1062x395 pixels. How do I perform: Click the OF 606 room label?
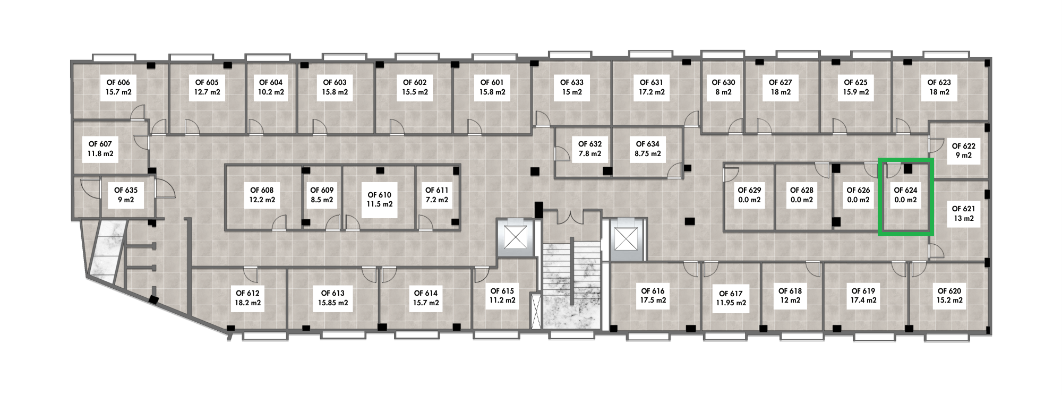click(x=118, y=83)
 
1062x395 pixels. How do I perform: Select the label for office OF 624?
click(x=905, y=190)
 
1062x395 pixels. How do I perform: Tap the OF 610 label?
click(x=379, y=195)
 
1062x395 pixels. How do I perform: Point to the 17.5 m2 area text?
click(x=653, y=300)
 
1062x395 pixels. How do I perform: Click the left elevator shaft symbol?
click(x=515, y=237)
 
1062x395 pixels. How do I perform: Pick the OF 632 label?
click(x=590, y=144)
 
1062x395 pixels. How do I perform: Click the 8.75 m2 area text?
click(x=648, y=154)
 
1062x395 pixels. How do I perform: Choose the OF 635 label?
click(x=126, y=190)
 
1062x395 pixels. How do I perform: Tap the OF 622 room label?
click(x=963, y=146)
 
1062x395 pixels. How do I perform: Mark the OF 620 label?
click(x=949, y=291)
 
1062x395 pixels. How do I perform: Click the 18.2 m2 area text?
click(x=248, y=303)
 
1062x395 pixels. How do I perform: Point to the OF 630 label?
click(x=723, y=82)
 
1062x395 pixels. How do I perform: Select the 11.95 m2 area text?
click(x=731, y=303)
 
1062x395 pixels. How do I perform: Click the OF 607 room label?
click(x=100, y=144)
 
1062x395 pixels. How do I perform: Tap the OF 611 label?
click(x=436, y=190)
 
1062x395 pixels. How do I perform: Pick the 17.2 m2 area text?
click(x=652, y=92)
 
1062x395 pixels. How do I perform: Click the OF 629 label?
click(x=749, y=190)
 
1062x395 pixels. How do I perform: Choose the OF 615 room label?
click(x=502, y=291)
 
